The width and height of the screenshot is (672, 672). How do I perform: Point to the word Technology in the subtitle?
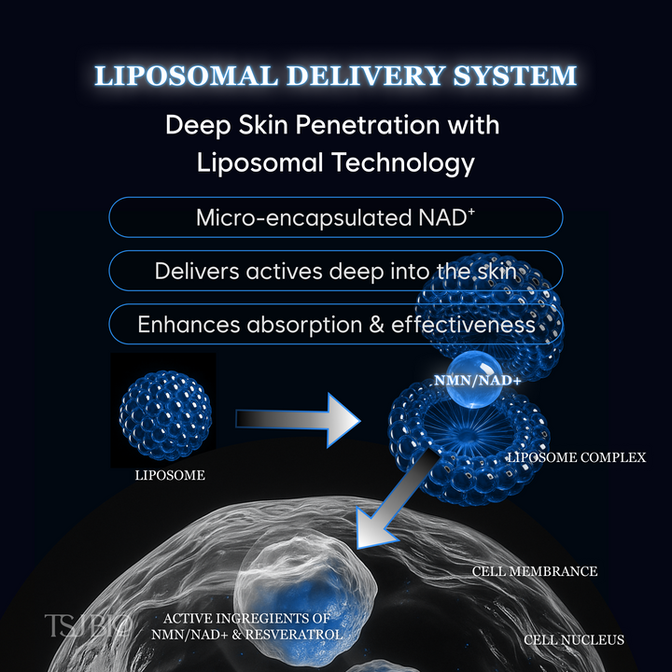click(x=399, y=162)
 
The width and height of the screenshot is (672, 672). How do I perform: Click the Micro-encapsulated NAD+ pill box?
click(x=336, y=217)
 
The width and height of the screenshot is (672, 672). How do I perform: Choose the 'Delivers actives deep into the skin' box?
click(x=336, y=271)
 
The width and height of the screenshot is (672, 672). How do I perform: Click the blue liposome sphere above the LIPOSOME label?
click(x=163, y=409)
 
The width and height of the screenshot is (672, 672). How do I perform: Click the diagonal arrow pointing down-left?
click(x=397, y=499)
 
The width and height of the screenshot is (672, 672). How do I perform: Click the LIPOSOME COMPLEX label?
click(x=576, y=458)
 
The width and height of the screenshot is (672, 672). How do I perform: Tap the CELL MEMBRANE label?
click(x=534, y=571)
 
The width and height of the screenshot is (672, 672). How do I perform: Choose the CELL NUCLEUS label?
click(x=573, y=639)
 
